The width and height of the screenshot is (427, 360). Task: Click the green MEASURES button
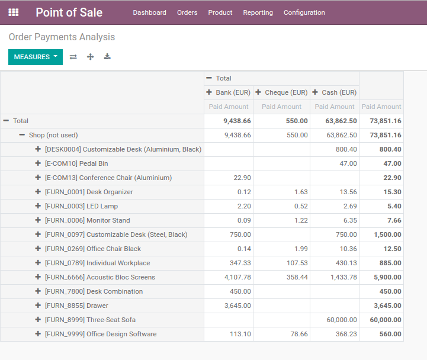coord(35,57)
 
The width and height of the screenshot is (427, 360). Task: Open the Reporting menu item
coord(258,12)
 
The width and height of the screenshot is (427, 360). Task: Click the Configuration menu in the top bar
coord(304,12)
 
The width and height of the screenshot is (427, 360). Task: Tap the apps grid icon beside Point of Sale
coord(14,12)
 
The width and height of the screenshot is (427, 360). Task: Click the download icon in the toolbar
coord(107,57)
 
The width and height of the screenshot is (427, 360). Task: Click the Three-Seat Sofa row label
coord(90,320)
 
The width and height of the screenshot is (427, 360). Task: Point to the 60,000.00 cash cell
coord(342,320)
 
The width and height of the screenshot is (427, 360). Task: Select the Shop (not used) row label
coord(53,135)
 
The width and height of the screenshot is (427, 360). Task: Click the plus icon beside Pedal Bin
coord(38,163)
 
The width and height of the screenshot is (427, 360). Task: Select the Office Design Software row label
coord(101,334)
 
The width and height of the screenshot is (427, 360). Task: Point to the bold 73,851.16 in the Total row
coord(385,121)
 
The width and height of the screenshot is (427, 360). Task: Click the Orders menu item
coord(187,12)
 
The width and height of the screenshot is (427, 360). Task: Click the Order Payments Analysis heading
coord(62,37)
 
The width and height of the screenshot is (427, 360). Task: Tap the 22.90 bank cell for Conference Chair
coord(242,178)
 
